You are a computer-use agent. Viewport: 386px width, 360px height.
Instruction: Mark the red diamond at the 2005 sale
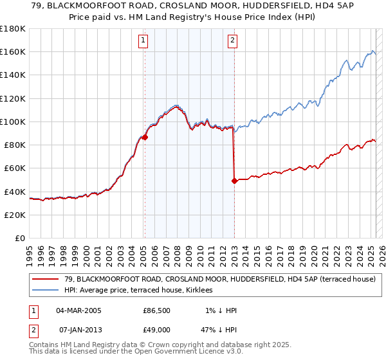tap(145, 137)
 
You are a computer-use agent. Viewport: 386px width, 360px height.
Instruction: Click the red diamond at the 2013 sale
tap(234, 181)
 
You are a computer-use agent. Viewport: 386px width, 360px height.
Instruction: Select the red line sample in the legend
tap(45, 278)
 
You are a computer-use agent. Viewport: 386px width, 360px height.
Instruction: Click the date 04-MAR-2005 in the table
tap(78, 310)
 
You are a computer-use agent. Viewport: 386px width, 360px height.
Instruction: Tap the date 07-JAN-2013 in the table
tap(78, 329)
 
